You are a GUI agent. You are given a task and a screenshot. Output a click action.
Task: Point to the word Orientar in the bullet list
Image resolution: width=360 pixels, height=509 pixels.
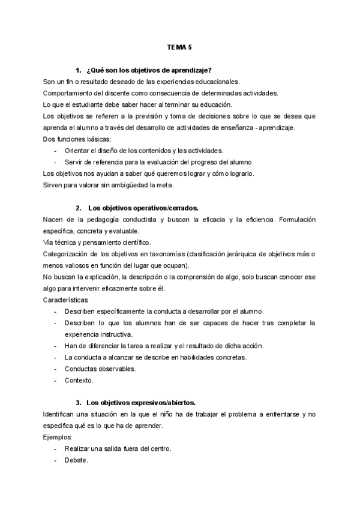coord(77,151)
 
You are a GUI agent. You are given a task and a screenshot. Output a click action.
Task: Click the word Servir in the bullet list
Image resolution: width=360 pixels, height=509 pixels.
coord(75,162)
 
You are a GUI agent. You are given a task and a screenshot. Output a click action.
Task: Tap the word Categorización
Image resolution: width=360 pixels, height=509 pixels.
coord(69,254)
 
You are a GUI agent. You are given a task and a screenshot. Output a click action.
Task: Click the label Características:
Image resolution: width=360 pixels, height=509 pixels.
coord(66,300)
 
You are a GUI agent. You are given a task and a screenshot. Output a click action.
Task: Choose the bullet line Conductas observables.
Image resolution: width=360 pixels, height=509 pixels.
coord(100,369)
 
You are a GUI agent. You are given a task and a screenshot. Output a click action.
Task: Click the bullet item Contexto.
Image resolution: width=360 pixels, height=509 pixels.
coord(79,380)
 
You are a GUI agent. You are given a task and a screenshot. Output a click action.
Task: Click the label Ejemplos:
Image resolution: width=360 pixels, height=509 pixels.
coord(58,438)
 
